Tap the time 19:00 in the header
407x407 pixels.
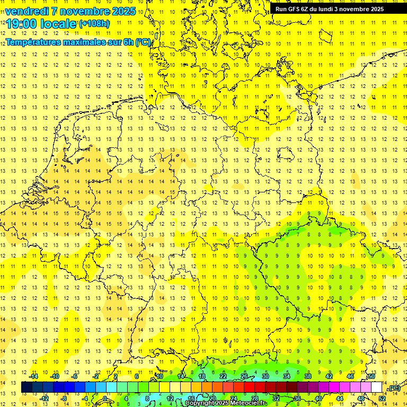pos(22,24)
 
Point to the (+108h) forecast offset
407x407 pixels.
pos(94,24)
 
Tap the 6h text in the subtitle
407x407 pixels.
pos(128,42)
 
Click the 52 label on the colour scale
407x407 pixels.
pos(382,398)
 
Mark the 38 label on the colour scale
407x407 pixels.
pos(308,376)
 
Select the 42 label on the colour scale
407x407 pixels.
pos(329,376)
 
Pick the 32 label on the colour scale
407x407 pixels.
pos(276,398)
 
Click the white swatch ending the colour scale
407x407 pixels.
pos(377,387)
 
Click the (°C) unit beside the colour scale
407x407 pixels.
pos(393,388)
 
